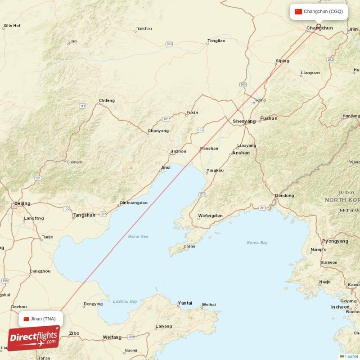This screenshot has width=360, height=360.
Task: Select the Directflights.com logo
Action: tap(34, 339)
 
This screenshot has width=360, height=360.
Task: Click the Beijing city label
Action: tap(22, 203)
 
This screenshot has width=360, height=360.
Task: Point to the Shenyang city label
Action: tap(244, 121)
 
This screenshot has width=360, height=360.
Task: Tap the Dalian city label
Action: tap(189, 246)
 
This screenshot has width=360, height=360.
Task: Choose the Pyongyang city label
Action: tap(335, 241)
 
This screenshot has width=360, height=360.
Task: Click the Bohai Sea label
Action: tap(138, 236)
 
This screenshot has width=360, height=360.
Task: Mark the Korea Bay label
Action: tap(257, 243)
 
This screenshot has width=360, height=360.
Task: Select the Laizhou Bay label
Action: tap(125, 301)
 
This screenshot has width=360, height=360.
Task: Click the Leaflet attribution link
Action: tap(351, 357)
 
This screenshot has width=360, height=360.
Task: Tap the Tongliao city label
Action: tap(216, 41)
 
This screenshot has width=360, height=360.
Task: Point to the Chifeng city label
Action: tap(107, 100)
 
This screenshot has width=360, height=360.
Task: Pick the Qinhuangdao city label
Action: tap(134, 202)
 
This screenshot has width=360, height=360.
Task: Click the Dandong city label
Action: tap(284, 195)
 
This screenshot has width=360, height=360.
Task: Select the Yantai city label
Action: tap(185, 303)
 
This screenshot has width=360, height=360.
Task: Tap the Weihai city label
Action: tap(208, 305)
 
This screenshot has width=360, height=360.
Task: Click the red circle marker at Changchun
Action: tap(319, 26)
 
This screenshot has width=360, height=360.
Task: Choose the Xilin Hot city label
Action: tap(12, 26)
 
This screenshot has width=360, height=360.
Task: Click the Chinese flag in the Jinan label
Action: tap(26, 319)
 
